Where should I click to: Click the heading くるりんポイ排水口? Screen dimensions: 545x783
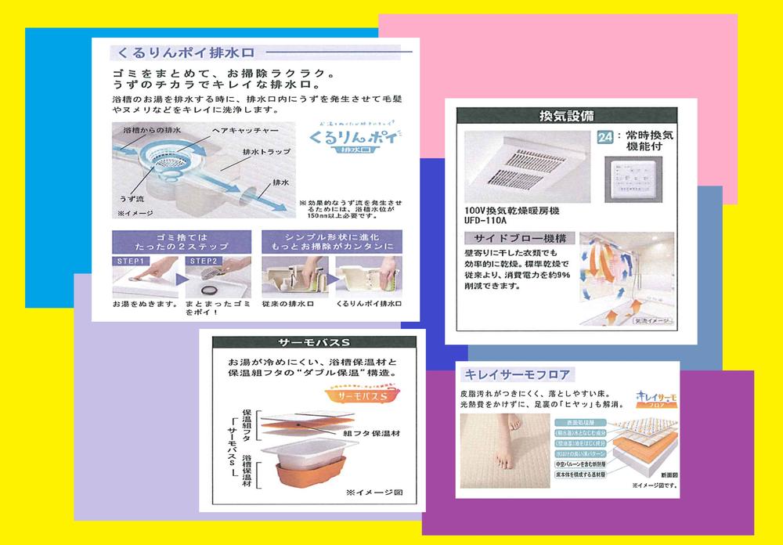[186, 53]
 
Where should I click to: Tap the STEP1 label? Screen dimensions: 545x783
[130, 262]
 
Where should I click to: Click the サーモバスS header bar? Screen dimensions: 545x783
[313, 343]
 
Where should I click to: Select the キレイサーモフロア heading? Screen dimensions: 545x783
[515, 374]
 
